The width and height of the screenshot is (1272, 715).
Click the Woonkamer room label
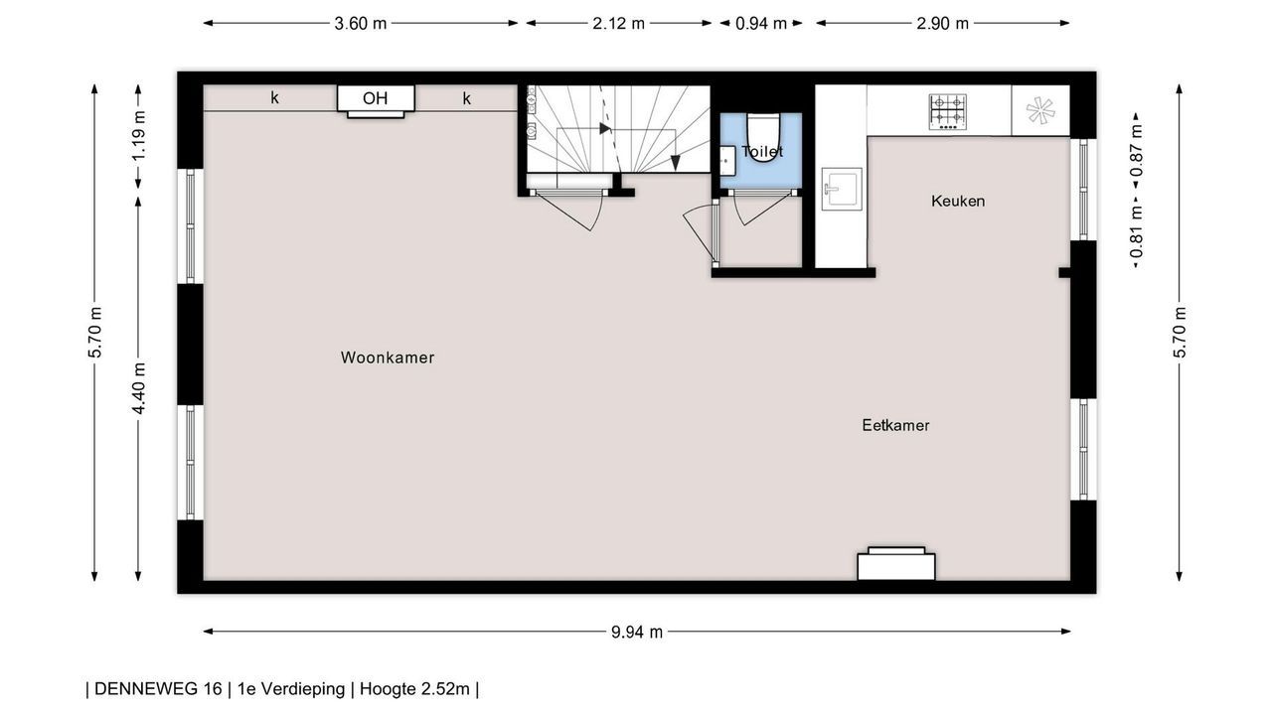point(388,357)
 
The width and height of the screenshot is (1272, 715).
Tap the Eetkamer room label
point(895,426)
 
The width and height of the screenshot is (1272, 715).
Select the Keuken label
point(958,201)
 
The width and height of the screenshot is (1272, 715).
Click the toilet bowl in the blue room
point(763,138)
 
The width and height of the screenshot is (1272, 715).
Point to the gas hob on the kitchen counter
point(948,112)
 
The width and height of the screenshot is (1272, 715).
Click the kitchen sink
point(842,189)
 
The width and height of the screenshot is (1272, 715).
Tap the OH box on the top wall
point(376,98)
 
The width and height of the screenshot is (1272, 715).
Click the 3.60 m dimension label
point(360,24)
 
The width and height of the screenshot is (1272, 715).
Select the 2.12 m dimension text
point(618,24)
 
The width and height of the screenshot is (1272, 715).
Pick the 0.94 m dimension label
point(761,24)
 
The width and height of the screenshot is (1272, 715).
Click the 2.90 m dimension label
point(942,24)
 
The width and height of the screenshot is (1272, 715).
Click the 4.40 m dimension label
point(138,388)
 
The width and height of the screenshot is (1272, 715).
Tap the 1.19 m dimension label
point(138,136)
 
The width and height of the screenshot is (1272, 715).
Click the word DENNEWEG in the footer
point(158,689)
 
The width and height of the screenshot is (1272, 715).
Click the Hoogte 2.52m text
point(414,689)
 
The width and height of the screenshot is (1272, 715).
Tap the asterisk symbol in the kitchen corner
point(1040,110)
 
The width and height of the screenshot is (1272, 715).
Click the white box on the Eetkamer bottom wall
point(896,564)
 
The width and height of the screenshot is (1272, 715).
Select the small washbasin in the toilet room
point(727,161)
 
